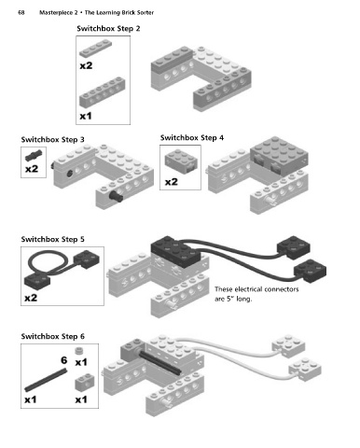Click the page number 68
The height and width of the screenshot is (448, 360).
pos(21,13)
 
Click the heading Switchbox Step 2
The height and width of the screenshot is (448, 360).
pos(108,29)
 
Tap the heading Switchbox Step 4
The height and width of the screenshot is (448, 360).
pos(192,138)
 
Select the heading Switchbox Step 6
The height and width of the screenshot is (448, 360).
pos(52,336)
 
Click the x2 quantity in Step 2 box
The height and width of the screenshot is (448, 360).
pos(86,65)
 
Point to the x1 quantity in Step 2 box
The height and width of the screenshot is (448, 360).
pos(86,116)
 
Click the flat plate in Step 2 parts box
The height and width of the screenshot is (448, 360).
pos(95,49)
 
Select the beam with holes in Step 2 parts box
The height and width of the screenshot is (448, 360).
pos(103,91)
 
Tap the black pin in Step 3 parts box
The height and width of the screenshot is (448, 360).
pos(34,155)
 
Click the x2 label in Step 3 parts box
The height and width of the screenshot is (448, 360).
pos(32,169)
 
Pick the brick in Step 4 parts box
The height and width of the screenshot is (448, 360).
pos(181,161)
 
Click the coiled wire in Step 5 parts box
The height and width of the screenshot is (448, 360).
pos(48,264)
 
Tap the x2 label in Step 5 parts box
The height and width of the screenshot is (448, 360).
pos(31,298)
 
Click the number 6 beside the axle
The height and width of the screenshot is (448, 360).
pos(64,360)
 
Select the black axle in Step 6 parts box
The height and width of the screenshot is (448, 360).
pos(46,380)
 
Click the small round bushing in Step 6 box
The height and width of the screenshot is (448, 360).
pos(79,351)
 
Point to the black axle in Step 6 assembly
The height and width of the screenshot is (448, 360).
pos(159,362)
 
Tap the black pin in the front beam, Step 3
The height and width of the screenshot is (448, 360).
pos(116,196)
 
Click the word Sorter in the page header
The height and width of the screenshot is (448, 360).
pos(145,13)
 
